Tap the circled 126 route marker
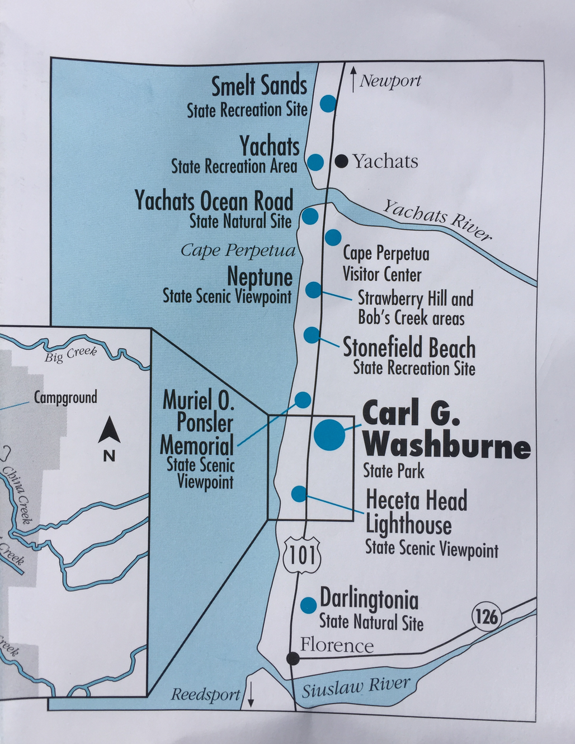(486, 616)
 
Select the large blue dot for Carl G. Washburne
(330, 434)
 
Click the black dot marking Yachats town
(342, 162)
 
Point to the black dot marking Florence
(293, 658)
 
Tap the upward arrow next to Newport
(353, 80)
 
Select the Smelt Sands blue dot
(328, 103)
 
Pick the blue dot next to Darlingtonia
(308, 605)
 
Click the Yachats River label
(437, 220)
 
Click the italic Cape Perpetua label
(238, 251)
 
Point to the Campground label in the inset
(65, 397)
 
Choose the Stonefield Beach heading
(409, 347)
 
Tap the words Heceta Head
(416, 500)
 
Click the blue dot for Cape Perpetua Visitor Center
(333, 237)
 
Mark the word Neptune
(260, 277)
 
